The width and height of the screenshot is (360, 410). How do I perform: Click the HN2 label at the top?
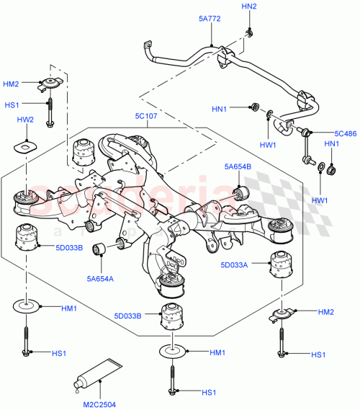248,6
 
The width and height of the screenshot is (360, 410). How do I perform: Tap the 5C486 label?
346,133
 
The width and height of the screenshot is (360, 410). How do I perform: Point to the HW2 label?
26,121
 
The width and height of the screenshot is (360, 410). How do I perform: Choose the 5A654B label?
238,167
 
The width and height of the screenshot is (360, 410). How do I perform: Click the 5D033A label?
234,266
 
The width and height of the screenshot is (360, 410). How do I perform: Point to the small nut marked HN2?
248,33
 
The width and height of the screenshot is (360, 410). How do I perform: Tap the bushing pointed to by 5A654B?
240,191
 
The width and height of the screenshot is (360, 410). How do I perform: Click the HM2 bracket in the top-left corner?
50,86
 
